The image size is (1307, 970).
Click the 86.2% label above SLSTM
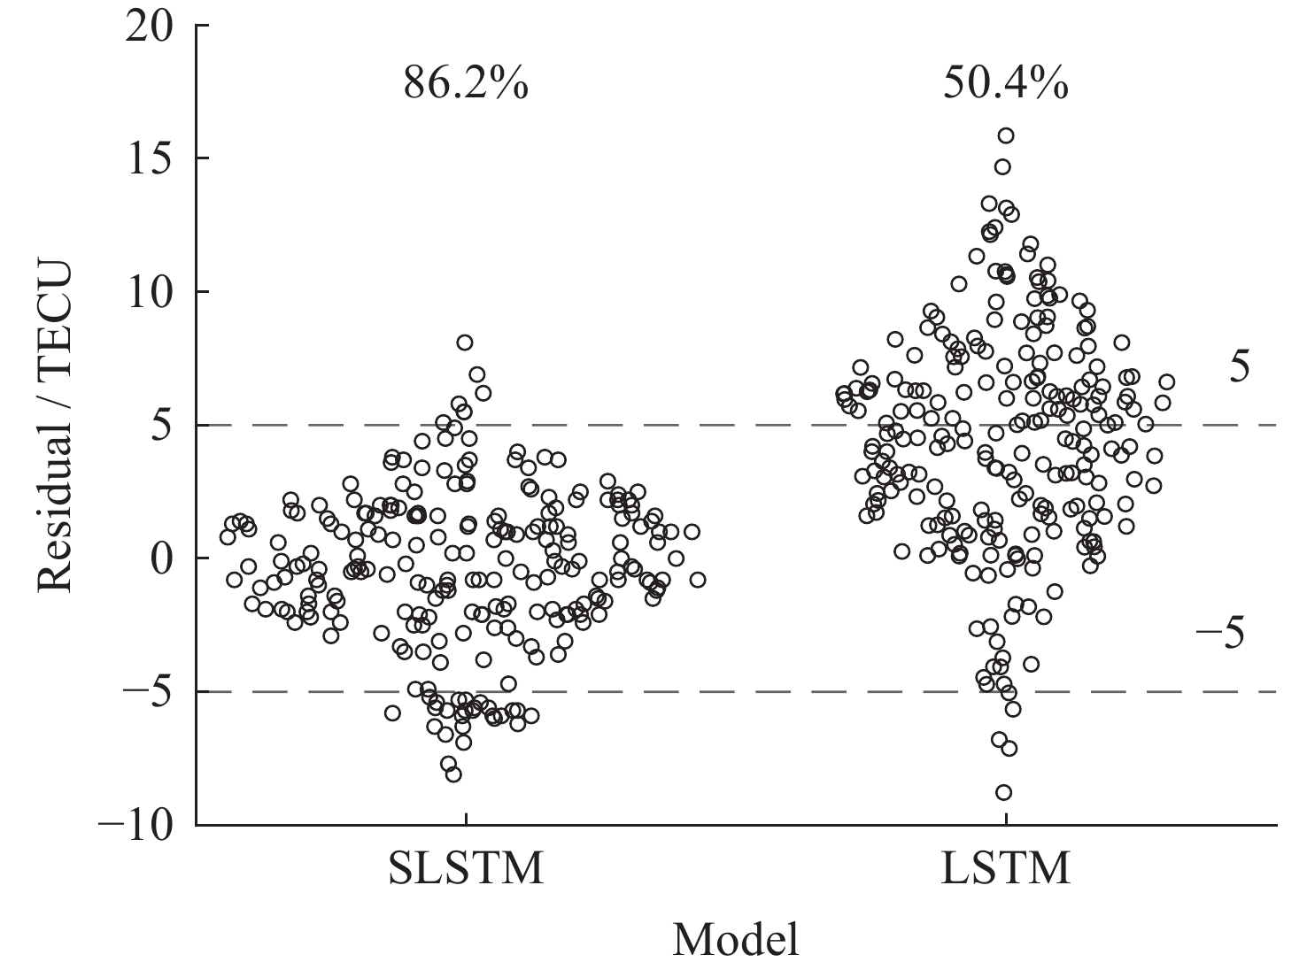pyautogui.click(x=467, y=86)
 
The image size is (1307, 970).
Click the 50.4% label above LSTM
pyautogui.click(x=1006, y=86)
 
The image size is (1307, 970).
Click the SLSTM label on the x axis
pyautogui.click(x=466, y=869)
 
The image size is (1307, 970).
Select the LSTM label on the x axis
pyautogui.click(x=1006, y=869)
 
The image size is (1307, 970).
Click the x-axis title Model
pyautogui.click(x=736, y=940)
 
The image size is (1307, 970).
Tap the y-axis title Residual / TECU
pyautogui.click(x=55, y=425)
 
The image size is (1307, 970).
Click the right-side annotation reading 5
pyautogui.click(x=1240, y=366)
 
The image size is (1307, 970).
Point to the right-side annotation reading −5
pyautogui.click(x=1220, y=634)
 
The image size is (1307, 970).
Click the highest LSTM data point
pyautogui.click(x=1006, y=135)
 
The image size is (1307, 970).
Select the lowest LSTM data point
pyautogui.click(x=1003, y=792)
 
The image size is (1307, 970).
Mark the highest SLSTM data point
pyautogui.click(x=465, y=343)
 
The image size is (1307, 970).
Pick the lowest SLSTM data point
pyautogui.click(x=453, y=774)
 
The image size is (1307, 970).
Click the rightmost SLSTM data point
pyautogui.click(x=698, y=580)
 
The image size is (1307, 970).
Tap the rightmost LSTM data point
pyautogui.click(x=1167, y=381)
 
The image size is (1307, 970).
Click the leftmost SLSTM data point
pyautogui.click(x=228, y=537)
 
